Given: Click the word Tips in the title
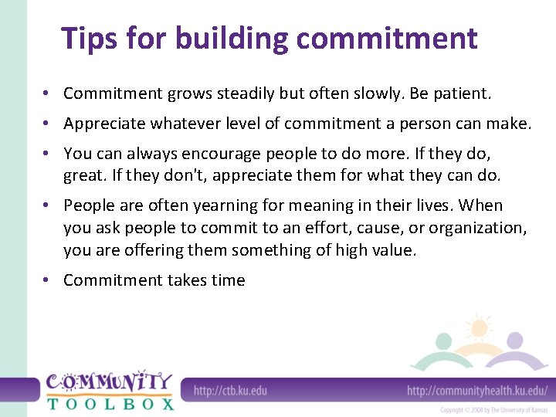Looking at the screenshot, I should click(86, 38).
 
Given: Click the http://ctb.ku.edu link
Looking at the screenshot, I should click(230, 391).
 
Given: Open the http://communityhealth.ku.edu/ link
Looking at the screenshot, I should click(476, 391).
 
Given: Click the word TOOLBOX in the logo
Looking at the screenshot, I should click(110, 403).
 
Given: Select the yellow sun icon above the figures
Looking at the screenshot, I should click(479, 327).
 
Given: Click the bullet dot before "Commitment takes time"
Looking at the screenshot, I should click(47, 280).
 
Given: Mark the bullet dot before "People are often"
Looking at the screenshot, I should click(47, 205).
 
